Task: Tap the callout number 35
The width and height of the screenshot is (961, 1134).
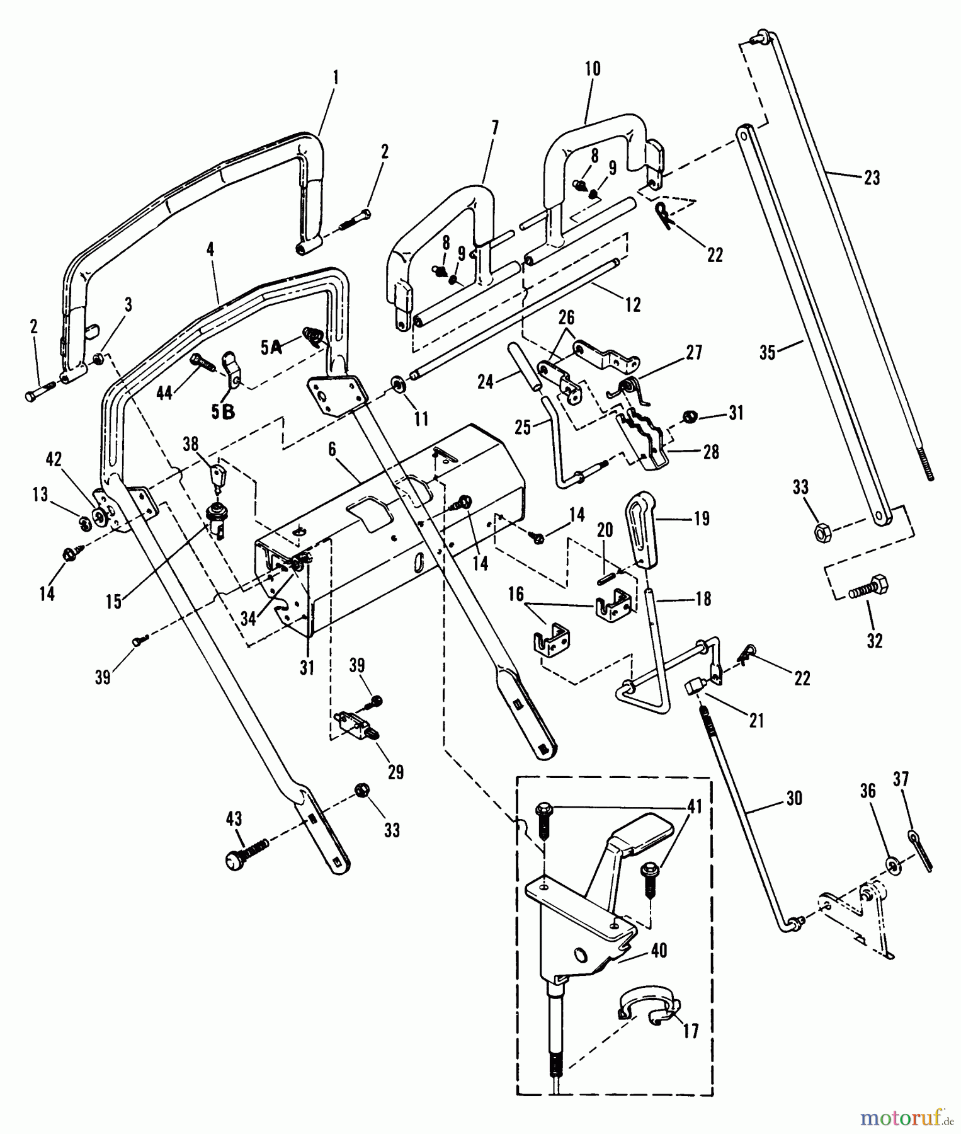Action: click(x=768, y=353)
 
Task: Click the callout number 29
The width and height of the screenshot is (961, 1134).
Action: click(x=395, y=772)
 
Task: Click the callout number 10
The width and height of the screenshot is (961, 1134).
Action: click(x=593, y=68)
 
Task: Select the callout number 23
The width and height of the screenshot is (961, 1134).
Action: click(x=871, y=178)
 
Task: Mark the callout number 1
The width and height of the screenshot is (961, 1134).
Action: click(x=336, y=77)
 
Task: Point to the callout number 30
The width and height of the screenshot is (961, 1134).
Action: click(x=795, y=798)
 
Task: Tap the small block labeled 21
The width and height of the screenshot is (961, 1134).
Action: click(x=693, y=686)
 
